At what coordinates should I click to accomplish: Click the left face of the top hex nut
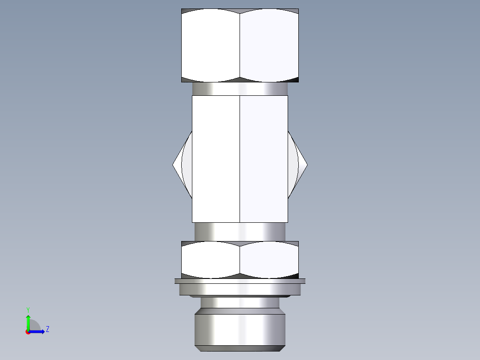coord(211,45)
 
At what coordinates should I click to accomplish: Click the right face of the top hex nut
coord(269,45)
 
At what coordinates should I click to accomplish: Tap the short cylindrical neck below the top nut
coord(240,89)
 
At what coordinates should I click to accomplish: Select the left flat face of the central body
coord(216,159)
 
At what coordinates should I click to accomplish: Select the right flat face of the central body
coord(264,159)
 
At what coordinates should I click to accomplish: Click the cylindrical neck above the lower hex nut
coord(240,232)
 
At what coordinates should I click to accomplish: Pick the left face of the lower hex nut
coord(211,260)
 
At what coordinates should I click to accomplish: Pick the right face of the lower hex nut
coord(269,260)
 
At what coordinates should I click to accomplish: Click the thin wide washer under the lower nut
coord(240,281)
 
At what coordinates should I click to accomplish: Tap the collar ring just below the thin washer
coord(240,289)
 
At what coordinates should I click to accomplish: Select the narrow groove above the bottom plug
coord(240,303)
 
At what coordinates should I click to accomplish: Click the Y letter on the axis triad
coord(28,309)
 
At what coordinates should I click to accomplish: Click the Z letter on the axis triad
coord(48,329)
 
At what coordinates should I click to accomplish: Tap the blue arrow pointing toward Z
coord(37,331)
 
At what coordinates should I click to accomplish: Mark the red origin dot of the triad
coord(28,332)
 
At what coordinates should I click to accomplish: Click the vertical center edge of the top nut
coord(240,45)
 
